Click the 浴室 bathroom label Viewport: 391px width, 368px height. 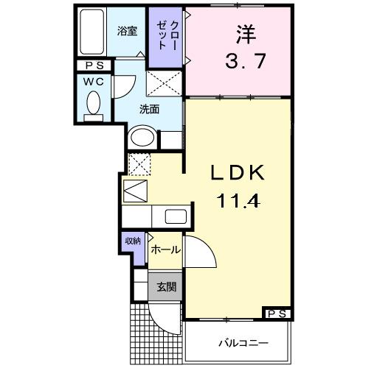click(128, 31)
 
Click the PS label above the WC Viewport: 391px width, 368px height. click(94, 66)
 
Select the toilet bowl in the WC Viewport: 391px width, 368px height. click(94, 103)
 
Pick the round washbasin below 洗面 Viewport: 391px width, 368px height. click(142, 138)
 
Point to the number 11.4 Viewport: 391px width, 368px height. click(237, 199)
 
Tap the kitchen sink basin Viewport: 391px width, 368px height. click(175, 216)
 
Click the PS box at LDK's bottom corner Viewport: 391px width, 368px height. click(277, 314)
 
